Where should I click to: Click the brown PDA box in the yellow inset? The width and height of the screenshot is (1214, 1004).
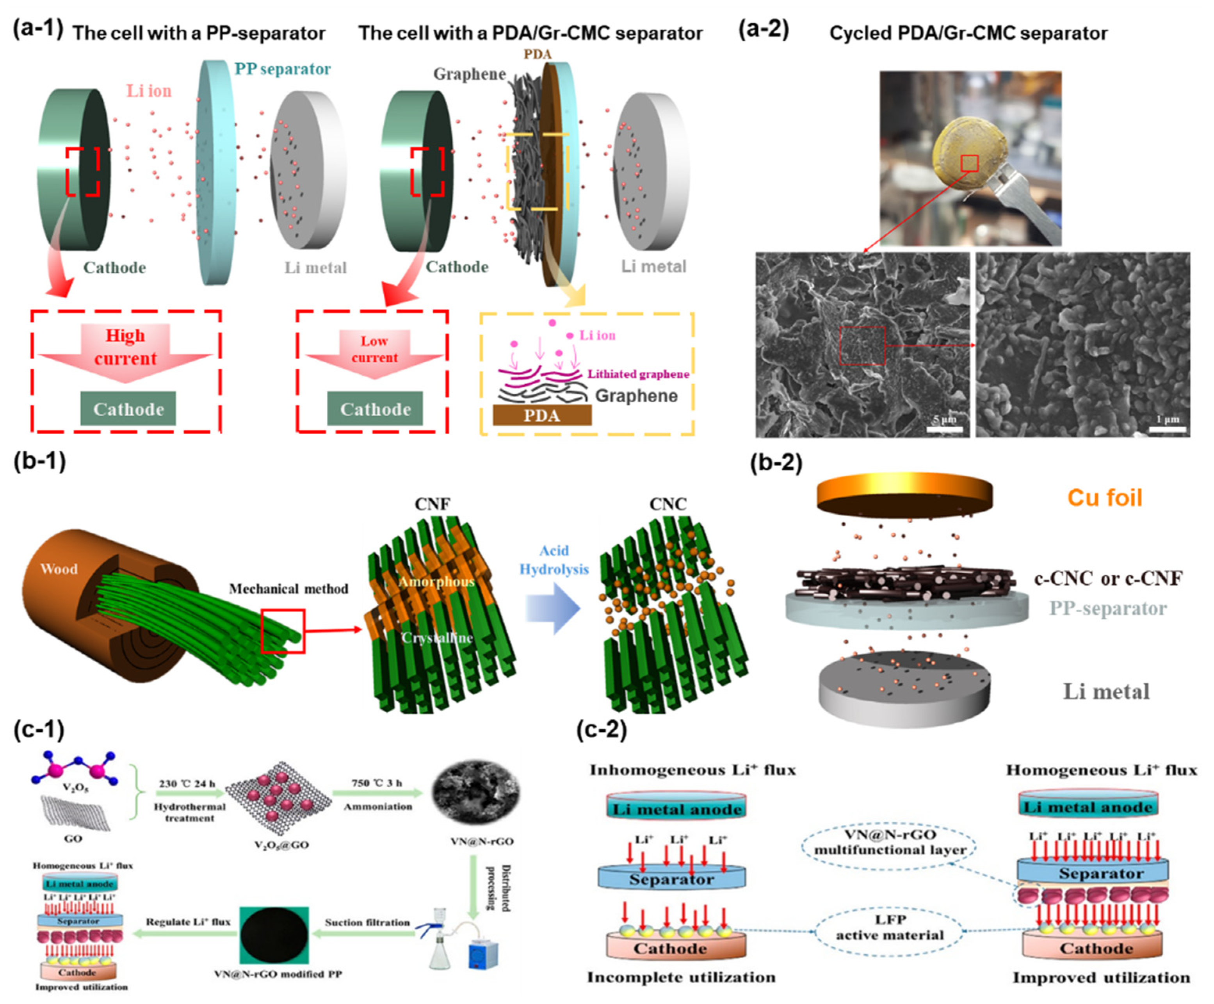(542, 415)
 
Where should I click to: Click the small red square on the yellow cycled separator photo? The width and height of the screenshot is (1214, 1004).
(970, 164)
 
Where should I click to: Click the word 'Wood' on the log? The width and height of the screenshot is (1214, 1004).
(59, 569)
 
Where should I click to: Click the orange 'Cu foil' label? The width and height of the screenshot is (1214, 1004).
(1104, 498)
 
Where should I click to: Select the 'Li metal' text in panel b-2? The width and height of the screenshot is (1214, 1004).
(1106, 692)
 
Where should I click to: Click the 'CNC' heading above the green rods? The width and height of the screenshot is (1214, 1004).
(668, 504)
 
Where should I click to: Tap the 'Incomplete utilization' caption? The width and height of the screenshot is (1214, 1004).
(681, 977)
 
